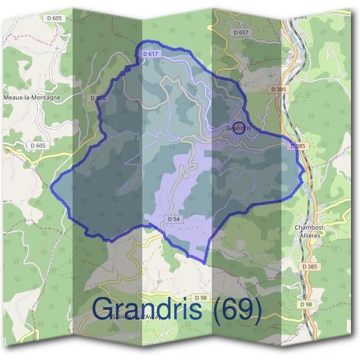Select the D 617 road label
click(x=151, y=54)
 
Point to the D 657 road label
click(x=241, y=31)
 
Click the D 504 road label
click(x=97, y=97)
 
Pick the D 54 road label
click(x=174, y=219)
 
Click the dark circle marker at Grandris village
click(x=239, y=128)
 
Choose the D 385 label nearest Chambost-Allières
click(x=310, y=266)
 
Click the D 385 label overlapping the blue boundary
click(x=297, y=146)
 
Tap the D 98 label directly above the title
click(x=201, y=297)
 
